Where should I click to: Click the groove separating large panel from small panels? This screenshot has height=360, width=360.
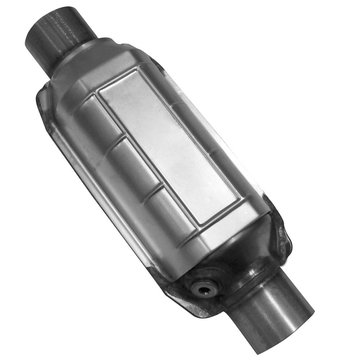click(144, 158)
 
